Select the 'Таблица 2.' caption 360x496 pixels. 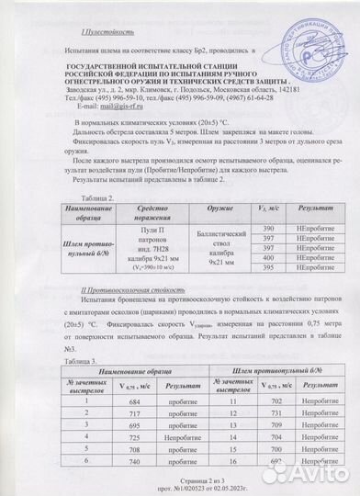tap(98, 197)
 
